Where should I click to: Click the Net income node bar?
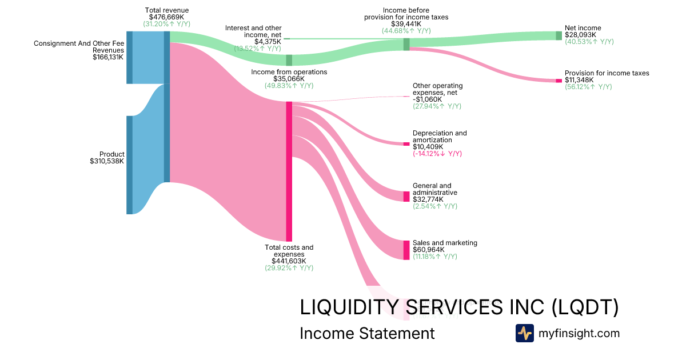(559, 35)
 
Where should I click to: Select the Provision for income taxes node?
(559, 81)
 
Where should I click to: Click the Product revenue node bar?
(129, 165)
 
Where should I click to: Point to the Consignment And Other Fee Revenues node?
(129, 57)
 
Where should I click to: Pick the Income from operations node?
(289, 60)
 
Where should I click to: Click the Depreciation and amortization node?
(406, 143)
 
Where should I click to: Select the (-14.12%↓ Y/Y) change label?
(437, 154)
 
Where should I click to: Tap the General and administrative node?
(406, 197)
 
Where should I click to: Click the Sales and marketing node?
(406, 250)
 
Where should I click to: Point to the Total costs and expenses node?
(289, 171)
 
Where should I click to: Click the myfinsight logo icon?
(524, 333)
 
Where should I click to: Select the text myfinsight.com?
(579, 333)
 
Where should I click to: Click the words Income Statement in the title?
(367, 333)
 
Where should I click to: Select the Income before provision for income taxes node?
(406, 44)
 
